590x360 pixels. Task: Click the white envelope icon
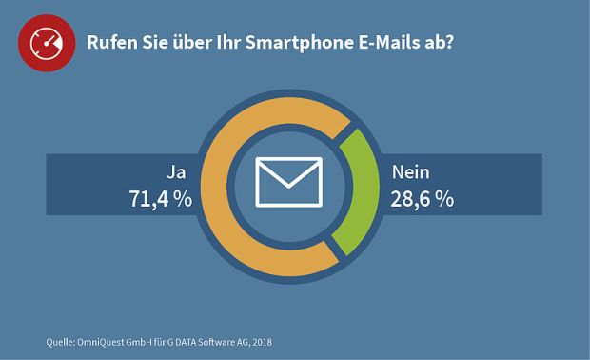pos(289,181)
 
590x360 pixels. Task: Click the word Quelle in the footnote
pos(61,341)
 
